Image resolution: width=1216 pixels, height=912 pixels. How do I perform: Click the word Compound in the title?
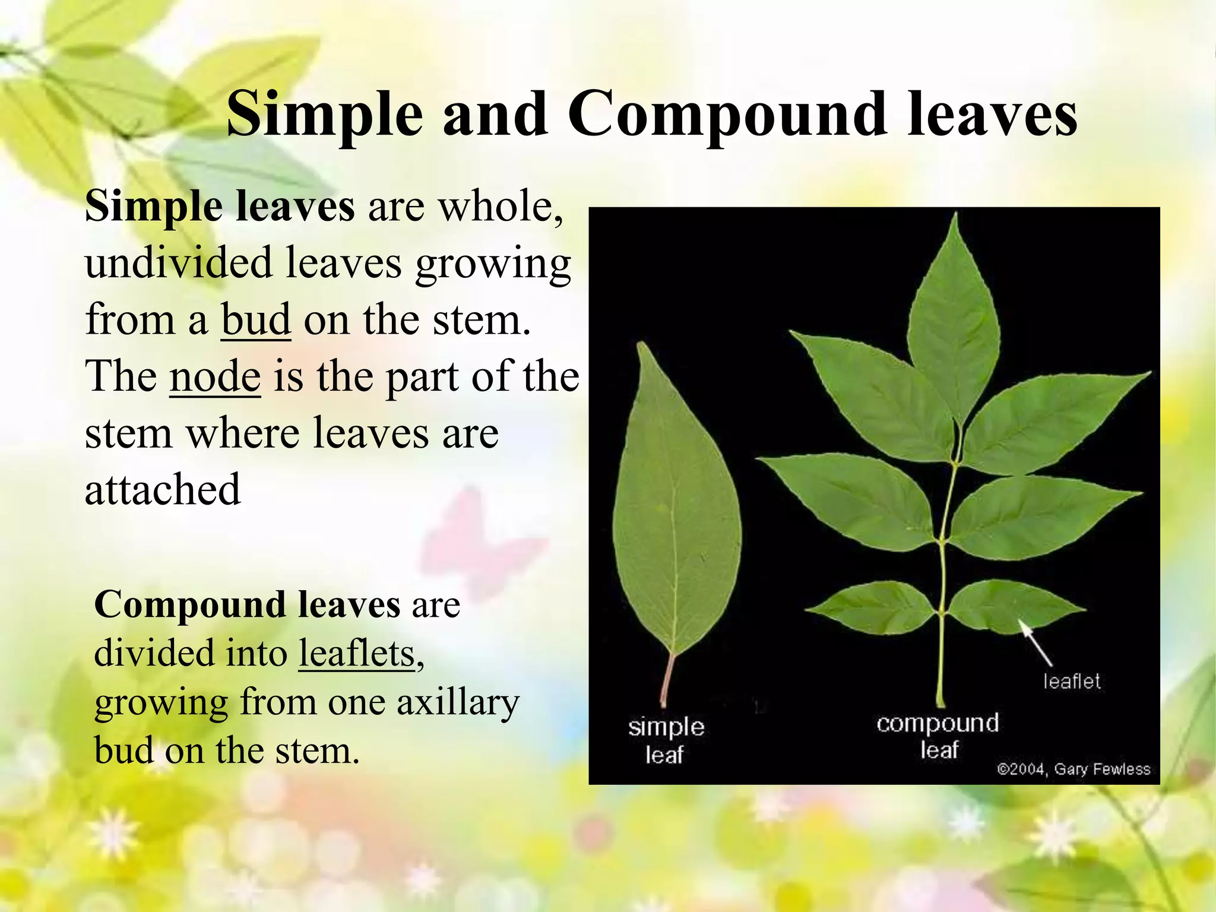point(727,115)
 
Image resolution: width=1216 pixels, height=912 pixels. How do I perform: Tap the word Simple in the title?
point(324,115)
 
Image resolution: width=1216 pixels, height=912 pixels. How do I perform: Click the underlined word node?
point(215,376)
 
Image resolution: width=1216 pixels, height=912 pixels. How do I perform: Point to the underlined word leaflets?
point(356,654)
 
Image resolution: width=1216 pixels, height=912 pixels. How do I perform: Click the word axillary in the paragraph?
point(458,702)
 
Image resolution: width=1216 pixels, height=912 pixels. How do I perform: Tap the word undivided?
point(178,263)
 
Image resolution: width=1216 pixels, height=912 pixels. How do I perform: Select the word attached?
point(163,489)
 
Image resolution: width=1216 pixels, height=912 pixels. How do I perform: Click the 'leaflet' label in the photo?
point(1072,681)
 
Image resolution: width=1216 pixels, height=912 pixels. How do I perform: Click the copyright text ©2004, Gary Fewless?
point(1073,769)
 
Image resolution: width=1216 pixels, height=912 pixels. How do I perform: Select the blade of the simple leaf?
point(676,522)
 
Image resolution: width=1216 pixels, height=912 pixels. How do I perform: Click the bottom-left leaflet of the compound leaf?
point(873,607)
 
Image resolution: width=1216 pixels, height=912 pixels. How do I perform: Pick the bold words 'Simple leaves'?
point(220,207)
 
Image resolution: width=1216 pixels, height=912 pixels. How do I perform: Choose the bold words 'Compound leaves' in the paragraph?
point(247,605)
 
